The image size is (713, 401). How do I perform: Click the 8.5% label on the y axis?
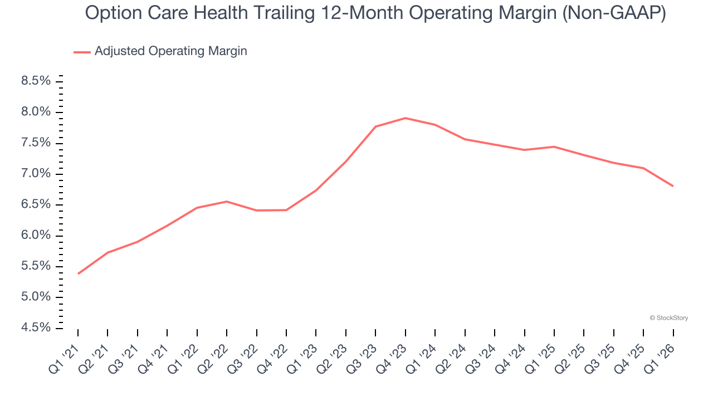tap(36, 81)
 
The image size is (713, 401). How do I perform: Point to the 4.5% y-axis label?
tap(36, 328)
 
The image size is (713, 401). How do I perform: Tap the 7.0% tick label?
tap(36, 174)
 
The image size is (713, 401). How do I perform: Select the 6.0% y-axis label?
tap(36, 236)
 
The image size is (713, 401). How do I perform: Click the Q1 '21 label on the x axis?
tap(65, 357)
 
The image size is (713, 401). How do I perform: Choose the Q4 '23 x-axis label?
tap(392, 357)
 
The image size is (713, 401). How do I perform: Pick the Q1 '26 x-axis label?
tap(660, 357)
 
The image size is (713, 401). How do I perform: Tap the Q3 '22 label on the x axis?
tap(243, 357)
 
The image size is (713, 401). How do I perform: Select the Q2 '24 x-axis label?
tap(452, 357)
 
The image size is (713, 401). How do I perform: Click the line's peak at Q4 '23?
tap(405, 118)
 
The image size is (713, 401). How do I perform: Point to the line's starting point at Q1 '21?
tap(78, 273)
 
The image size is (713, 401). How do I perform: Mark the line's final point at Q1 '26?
tap(673, 186)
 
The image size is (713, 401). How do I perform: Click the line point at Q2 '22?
tap(227, 202)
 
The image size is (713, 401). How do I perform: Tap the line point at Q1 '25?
tap(554, 146)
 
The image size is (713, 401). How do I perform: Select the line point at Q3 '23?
tap(375, 126)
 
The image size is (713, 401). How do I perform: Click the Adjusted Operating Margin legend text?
tap(170, 51)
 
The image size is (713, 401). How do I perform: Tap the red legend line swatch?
tap(82, 52)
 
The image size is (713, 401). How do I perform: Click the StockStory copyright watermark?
tap(668, 318)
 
